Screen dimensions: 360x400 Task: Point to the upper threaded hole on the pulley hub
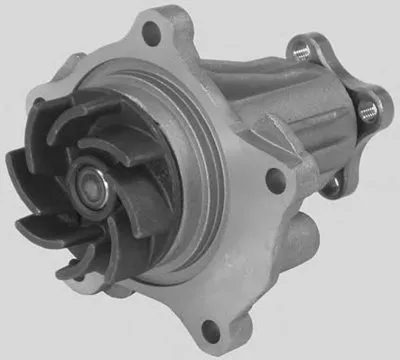[x=299, y=46]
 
